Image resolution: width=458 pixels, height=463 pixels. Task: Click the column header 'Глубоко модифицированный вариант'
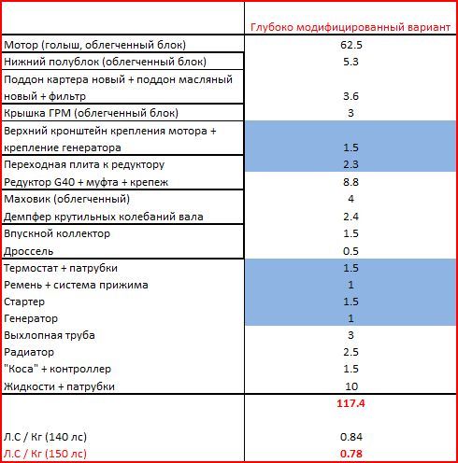tap(351, 28)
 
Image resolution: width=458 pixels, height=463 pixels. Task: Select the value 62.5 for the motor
tap(351, 45)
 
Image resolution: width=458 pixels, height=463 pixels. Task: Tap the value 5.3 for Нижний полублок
tap(351, 62)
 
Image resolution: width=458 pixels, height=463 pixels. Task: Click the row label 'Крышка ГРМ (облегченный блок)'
tap(91, 113)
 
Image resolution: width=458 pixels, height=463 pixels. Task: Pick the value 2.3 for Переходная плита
tap(351, 164)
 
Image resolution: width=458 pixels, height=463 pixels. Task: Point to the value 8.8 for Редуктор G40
tap(351, 182)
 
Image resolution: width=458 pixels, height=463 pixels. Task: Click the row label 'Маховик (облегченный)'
tap(66, 199)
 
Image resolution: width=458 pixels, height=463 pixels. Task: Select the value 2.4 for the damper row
tap(351, 217)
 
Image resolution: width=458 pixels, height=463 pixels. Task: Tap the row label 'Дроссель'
tap(29, 251)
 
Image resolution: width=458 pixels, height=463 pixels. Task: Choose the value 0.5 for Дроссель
tap(351, 251)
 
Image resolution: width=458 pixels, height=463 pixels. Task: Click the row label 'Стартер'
tap(24, 302)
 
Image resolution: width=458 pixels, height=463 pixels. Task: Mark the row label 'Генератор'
tap(31, 318)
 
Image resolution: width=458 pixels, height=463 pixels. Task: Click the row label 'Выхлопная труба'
tap(50, 335)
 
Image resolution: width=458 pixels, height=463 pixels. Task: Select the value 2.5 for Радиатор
tap(351, 352)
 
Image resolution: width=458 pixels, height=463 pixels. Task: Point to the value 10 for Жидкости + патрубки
tap(351, 386)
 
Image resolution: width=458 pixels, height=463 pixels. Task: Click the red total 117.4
tap(351, 403)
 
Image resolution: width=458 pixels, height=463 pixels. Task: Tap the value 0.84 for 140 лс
tap(351, 437)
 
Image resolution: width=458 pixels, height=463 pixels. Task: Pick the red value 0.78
tap(351, 454)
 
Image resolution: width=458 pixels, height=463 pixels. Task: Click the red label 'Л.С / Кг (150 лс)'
tap(45, 454)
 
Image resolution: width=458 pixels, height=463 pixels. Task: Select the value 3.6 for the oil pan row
tap(351, 96)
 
